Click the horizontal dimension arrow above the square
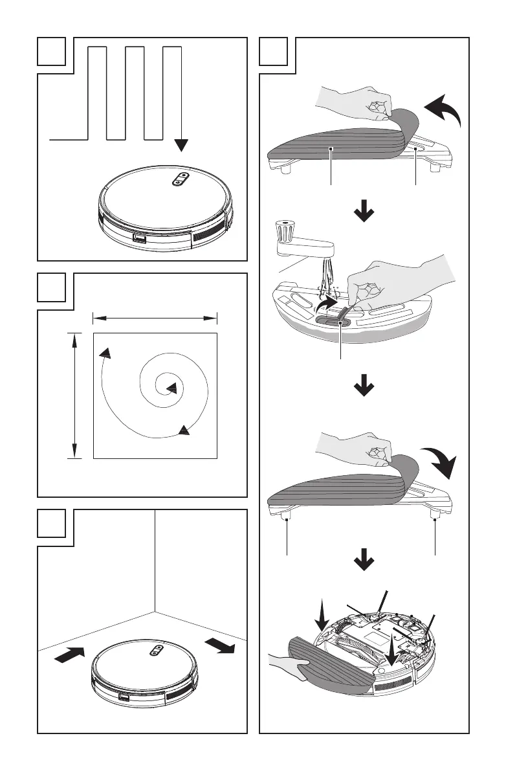pyautogui.click(x=155, y=318)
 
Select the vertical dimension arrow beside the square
pyautogui.click(x=76, y=395)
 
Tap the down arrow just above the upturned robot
pyautogui.click(x=365, y=564)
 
